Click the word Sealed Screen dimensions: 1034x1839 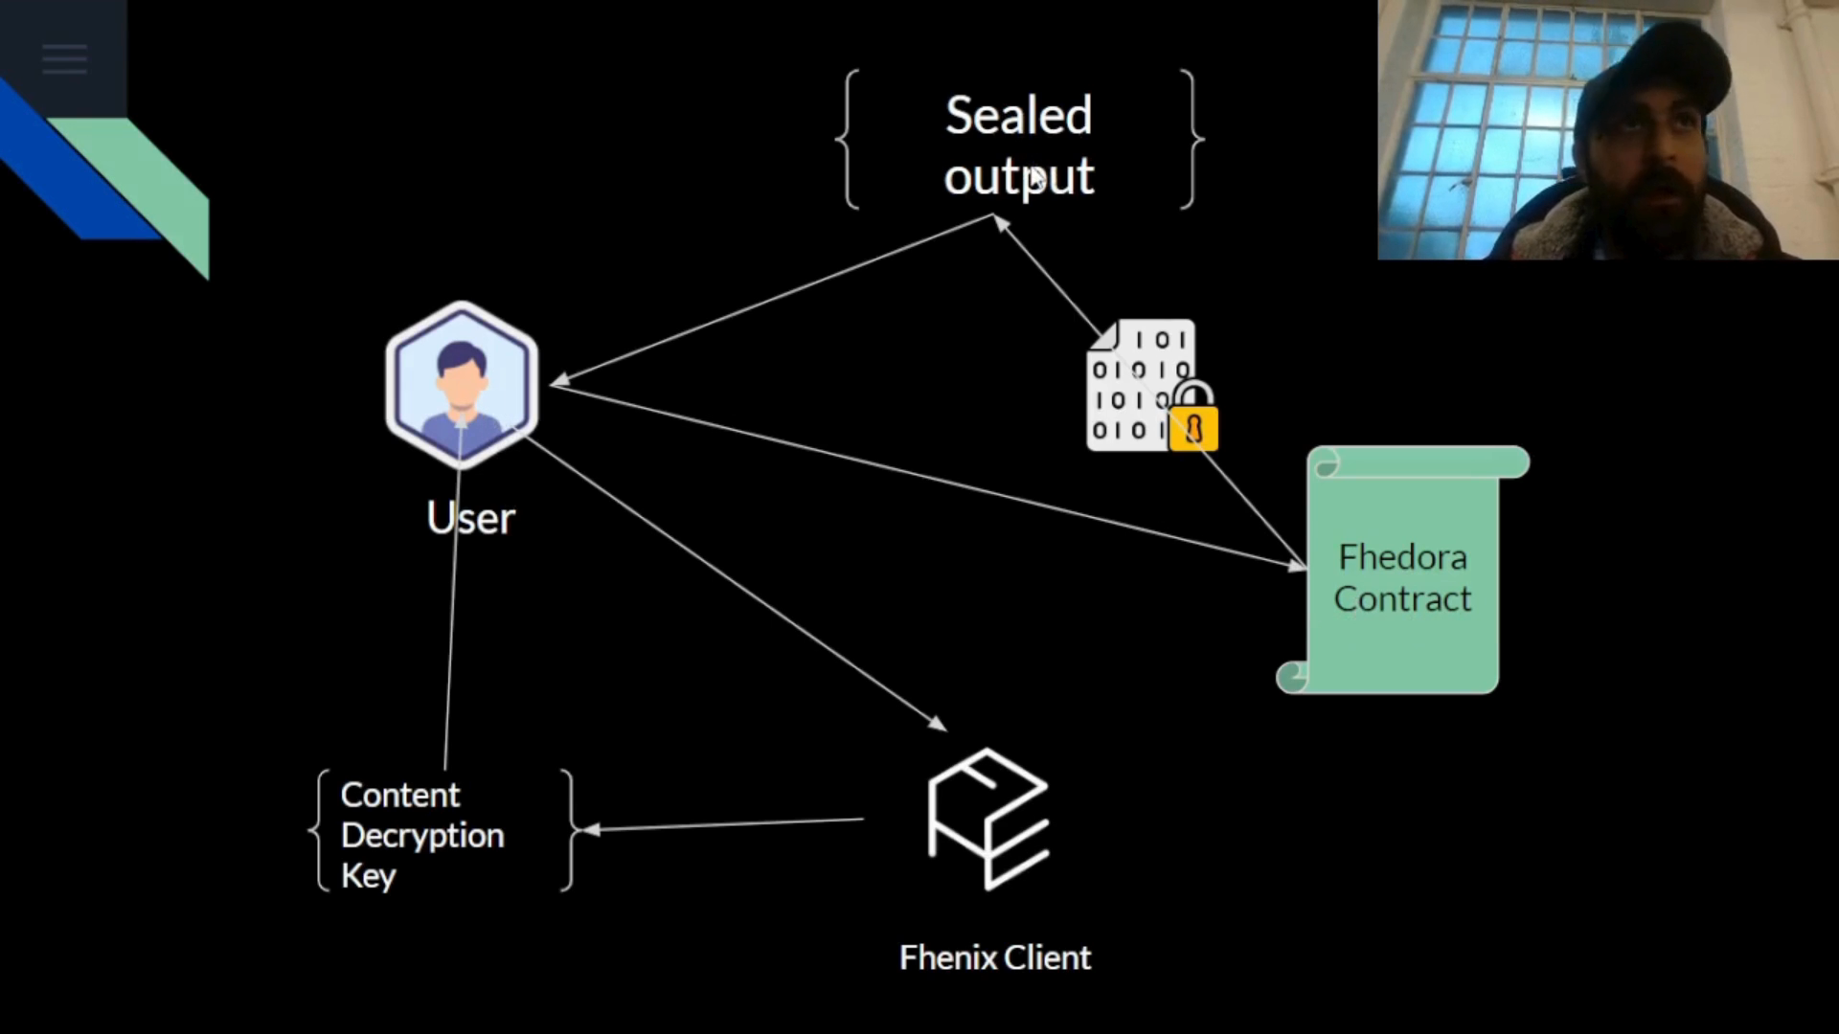(1018, 116)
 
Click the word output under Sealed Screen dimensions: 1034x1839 (1018, 177)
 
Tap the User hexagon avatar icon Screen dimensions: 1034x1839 (462, 385)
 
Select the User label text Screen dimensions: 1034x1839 (470, 518)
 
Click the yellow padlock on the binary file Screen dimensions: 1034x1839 (1194, 420)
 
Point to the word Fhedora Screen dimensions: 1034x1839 (1402, 556)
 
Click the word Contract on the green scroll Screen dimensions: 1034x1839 (1402, 599)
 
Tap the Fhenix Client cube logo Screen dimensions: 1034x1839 (988, 820)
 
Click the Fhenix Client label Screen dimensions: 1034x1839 (994, 957)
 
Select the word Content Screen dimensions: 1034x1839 (400, 795)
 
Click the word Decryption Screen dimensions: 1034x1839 (422, 835)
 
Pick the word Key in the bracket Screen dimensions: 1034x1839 (369, 875)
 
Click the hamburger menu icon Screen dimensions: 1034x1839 (64, 59)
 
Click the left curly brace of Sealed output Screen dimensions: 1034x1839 (848, 139)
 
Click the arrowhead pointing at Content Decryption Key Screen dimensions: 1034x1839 (591, 829)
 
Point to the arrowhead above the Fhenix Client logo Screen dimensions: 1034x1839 (939, 724)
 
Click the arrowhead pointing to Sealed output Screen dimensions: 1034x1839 (1000, 223)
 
